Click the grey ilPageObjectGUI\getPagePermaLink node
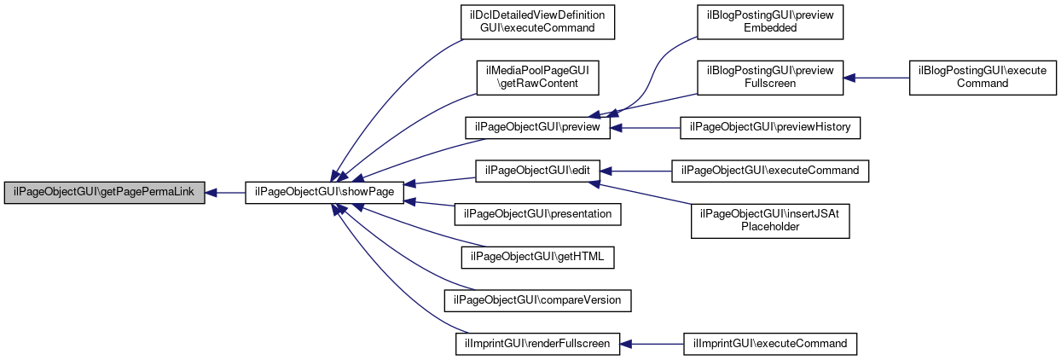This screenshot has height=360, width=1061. point(104,192)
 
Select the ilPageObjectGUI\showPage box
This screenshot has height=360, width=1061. point(324,192)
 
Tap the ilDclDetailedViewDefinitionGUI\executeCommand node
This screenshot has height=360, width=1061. point(537,22)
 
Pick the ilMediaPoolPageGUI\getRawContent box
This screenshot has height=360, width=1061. point(537,78)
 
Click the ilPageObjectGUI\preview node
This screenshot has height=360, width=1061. point(537,127)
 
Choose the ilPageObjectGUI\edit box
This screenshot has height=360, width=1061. point(537,171)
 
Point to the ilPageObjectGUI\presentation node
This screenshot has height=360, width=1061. point(537,214)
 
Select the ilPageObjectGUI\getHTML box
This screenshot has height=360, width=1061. point(537,258)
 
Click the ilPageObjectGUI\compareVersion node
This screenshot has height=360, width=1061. point(537,300)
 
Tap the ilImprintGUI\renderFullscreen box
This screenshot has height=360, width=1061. point(537,344)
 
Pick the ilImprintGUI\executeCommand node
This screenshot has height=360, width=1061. point(770,344)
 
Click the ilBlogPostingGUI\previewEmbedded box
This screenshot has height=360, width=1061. point(770,22)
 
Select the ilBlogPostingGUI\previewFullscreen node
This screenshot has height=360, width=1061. point(770,78)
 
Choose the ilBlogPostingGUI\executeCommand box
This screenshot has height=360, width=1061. point(983,78)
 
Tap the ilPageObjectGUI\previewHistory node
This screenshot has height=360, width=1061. point(770,127)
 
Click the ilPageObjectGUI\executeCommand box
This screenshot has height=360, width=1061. point(770,171)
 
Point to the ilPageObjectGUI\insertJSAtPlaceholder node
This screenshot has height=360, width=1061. point(770,221)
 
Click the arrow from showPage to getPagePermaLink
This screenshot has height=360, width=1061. point(225,193)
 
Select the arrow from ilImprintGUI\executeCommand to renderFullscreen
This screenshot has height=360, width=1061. point(652,345)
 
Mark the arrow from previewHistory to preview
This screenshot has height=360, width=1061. point(645,128)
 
